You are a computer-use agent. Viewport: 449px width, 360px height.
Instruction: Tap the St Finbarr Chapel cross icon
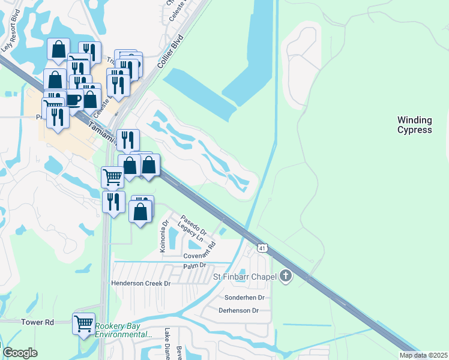click(x=286, y=276)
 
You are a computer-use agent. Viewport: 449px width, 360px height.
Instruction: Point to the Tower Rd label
click(x=37, y=322)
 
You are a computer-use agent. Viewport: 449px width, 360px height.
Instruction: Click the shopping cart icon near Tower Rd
click(x=83, y=323)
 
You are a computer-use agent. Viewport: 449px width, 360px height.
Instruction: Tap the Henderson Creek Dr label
click(x=141, y=283)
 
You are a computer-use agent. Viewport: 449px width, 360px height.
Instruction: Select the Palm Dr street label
click(x=194, y=265)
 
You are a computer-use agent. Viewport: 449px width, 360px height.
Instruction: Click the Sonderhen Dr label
click(x=244, y=298)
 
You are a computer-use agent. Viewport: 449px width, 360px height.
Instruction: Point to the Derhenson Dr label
click(x=238, y=310)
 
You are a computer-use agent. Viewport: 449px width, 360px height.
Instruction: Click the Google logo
click(x=20, y=353)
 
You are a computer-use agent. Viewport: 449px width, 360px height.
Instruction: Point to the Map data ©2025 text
click(x=423, y=355)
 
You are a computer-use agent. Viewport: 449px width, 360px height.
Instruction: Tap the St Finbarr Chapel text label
click(x=245, y=277)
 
